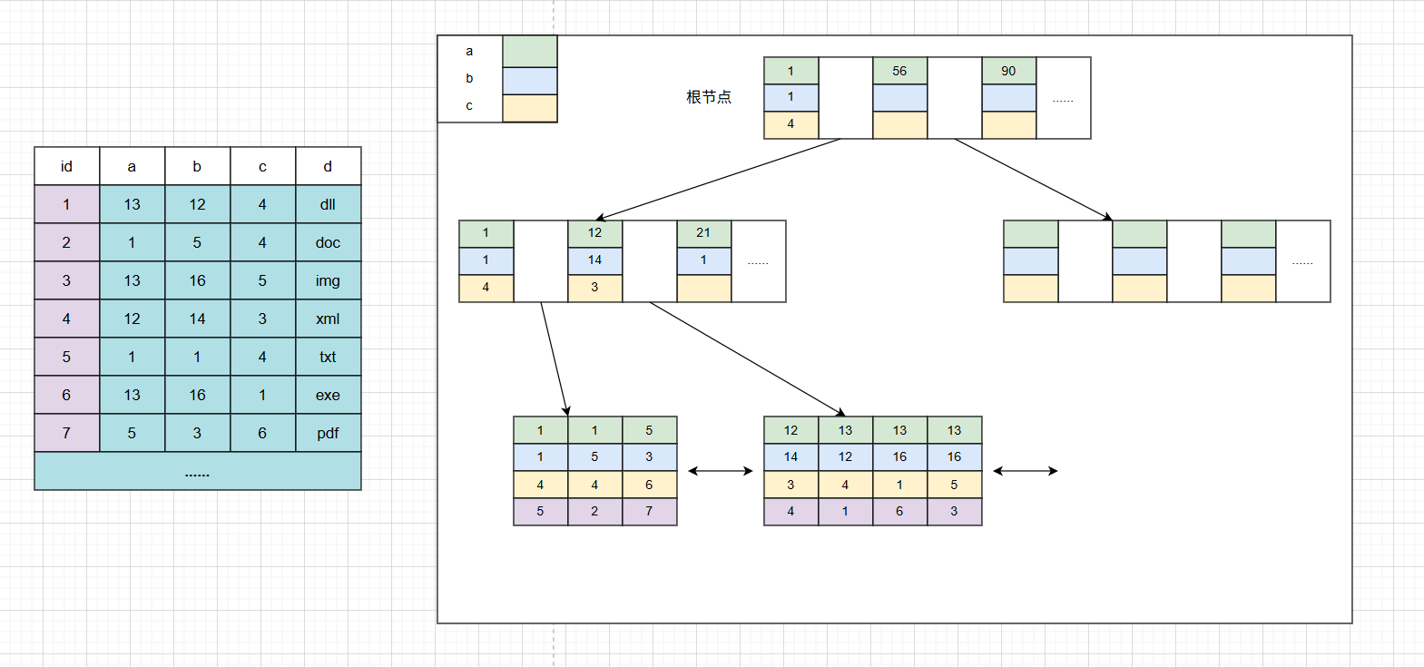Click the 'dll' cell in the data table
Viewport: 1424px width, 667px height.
(x=328, y=204)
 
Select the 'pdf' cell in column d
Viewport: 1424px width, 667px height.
(x=328, y=433)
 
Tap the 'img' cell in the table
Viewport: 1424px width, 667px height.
(x=328, y=280)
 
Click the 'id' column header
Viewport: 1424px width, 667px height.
(x=66, y=166)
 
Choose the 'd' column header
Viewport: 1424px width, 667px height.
(x=328, y=166)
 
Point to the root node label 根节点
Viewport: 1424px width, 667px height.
(x=709, y=97)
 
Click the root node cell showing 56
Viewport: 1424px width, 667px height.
(x=899, y=71)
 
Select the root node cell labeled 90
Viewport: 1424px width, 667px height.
(x=1008, y=71)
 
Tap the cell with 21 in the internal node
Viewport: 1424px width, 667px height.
(x=703, y=233)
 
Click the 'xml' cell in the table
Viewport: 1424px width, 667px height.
(x=328, y=319)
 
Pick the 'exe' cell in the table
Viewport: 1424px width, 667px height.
(x=328, y=395)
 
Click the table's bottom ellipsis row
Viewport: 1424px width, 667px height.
(x=197, y=472)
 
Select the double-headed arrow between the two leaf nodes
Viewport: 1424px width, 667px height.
(x=721, y=471)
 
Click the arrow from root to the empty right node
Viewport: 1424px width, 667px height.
(x=1033, y=180)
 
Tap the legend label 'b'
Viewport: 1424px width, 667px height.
(x=469, y=78)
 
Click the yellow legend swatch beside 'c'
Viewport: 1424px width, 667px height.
(x=530, y=108)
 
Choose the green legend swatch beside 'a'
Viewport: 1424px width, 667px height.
(x=530, y=52)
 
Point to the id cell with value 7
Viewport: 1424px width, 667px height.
(x=66, y=433)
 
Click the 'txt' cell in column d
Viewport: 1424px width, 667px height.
(x=328, y=357)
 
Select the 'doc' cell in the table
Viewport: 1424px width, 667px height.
(x=328, y=242)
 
